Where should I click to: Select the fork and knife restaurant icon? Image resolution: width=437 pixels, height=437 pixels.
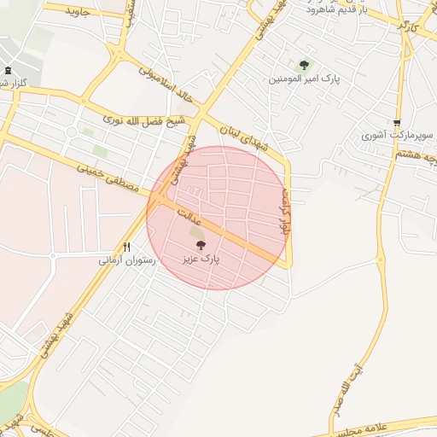[126, 247]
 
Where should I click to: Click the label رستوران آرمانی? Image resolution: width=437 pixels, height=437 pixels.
[127, 259]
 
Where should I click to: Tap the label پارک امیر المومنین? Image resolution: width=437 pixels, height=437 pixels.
[305, 79]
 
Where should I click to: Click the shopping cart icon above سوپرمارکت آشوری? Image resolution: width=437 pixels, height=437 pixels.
[397, 122]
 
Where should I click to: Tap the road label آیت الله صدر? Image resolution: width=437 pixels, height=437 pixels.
[357, 388]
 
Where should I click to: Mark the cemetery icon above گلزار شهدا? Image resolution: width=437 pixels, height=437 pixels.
[9, 70]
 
